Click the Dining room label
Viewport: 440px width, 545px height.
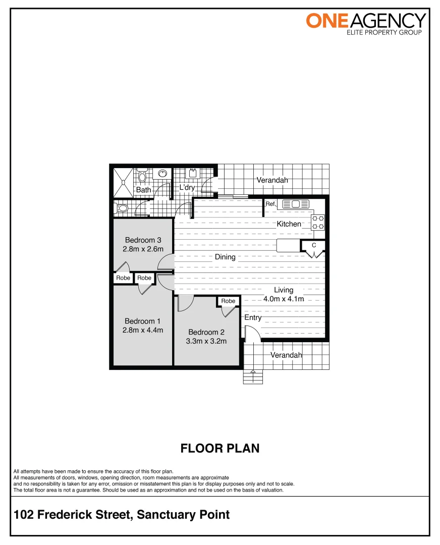225,257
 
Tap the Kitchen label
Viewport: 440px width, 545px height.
289,224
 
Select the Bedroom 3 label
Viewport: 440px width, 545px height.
143,240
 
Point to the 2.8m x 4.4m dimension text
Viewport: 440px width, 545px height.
143,330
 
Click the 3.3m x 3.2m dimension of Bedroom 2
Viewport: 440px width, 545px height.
206,341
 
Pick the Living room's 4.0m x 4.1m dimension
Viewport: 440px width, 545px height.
284,299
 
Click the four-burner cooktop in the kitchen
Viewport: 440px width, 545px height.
318,223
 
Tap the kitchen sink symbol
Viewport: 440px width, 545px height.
296,204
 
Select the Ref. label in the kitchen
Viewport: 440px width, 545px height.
270,204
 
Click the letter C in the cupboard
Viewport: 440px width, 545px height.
314,245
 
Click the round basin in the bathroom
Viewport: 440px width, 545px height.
162,174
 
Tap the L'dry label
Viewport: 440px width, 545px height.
187,188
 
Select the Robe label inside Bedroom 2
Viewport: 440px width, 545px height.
228,301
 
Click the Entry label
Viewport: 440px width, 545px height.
253,317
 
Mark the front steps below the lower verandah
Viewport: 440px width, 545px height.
253,377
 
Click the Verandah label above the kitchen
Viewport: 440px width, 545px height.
272,180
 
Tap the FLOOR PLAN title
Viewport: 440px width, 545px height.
220,448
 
